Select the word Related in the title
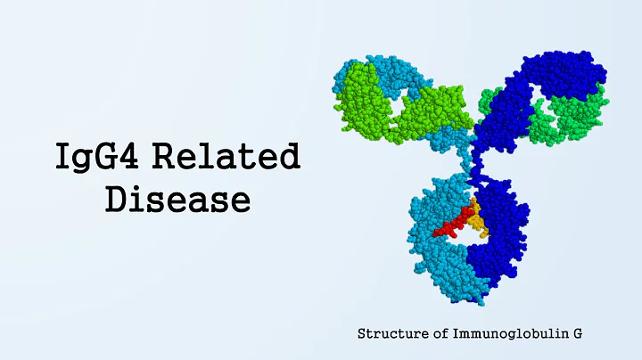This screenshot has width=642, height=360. [x=226, y=158]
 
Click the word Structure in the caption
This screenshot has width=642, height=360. [x=390, y=334]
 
